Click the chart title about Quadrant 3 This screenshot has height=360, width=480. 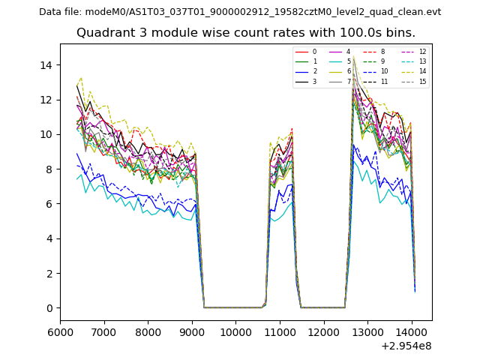point(246,33)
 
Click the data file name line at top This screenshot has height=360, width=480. point(240,12)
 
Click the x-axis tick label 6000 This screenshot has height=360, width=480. point(60,331)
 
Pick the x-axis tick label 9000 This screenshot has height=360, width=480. point(192,331)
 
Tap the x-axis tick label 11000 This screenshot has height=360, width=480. point(280,331)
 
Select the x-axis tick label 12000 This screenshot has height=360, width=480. point(324,331)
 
